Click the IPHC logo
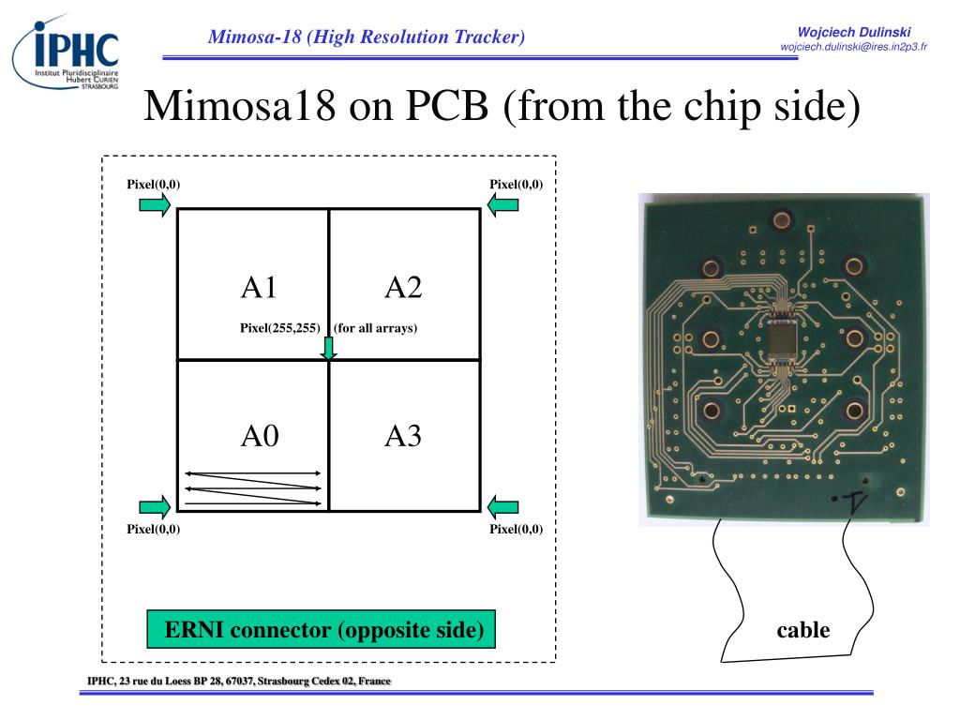pyautogui.click(x=66, y=53)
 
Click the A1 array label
pyautogui.click(x=259, y=287)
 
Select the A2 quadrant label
pyautogui.click(x=403, y=287)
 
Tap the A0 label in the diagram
pyautogui.click(x=260, y=436)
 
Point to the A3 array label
pyautogui.click(x=403, y=436)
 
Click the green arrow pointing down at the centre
pyautogui.click(x=329, y=348)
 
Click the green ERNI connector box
pyautogui.click(x=321, y=629)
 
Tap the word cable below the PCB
pyautogui.click(x=803, y=629)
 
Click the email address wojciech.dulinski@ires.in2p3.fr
pyautogui.click(x=853, y=47)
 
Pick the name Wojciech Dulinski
pyautogui.click(x=854, y=32)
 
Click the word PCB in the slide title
pyautogui.click(x=447, y=105)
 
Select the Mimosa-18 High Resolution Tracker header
pyautogui.click(x=367, y=37)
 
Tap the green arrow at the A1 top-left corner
pyautogui.click(x=155, y=204)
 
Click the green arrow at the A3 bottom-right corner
pyautogui.click(x=502, y=507)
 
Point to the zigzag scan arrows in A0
pyautogui.click(x=253, y=488)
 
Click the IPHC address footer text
pyautogui.click(x=239, y=681)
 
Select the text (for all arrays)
pyautogui.click(x=375, y=327)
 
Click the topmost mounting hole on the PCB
pyautogui.click(x=781, y=219)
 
